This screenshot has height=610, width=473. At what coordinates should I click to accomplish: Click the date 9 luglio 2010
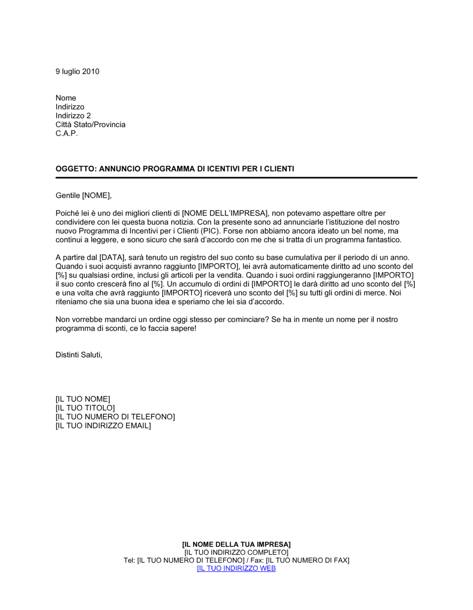[x=77, y=71]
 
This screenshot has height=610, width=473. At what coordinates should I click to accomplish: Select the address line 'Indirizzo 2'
[x=73, y=116]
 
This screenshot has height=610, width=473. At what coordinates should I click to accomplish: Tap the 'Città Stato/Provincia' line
[x=90, y=125]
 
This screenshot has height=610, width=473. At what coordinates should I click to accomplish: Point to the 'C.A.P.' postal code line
[x=67, y=133]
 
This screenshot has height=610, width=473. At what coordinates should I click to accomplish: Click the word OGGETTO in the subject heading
[x=75, y=169]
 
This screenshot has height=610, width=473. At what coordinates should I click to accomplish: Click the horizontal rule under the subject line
[x=236, y=178]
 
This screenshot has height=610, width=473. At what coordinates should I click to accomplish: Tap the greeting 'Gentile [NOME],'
[x=84, y=195]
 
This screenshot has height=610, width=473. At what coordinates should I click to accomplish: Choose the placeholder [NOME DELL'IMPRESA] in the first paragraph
[x=225, y=213]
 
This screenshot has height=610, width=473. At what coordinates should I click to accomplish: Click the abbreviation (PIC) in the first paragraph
[x=209, y=231]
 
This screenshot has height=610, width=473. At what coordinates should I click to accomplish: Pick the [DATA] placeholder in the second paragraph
[x=112, y=258]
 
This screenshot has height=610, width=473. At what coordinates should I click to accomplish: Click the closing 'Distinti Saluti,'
[x=79, y=355]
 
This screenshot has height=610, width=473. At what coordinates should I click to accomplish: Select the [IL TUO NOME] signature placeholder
[x=83, y=399]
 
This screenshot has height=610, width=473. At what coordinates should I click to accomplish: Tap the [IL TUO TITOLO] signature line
[x=85, y=408]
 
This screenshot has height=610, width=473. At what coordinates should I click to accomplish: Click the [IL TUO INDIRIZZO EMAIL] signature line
[x=103, y=426]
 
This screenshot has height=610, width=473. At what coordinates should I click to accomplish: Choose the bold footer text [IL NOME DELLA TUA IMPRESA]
[x=236, y=545]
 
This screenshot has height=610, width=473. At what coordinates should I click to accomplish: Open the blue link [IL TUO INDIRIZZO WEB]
[x=236, y=568]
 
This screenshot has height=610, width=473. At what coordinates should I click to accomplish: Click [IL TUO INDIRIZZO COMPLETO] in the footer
[x=236, y=552]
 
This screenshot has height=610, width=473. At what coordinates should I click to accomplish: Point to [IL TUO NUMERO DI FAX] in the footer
[x=307, y=560]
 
